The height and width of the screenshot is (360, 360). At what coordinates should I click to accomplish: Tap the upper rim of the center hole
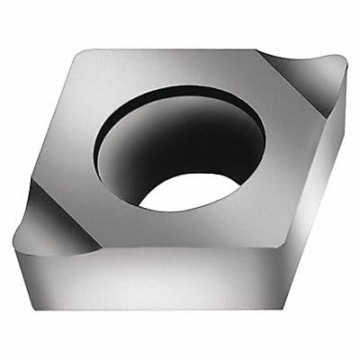[180, 88]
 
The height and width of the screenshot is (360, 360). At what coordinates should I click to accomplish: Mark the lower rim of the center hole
[193, 209]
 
